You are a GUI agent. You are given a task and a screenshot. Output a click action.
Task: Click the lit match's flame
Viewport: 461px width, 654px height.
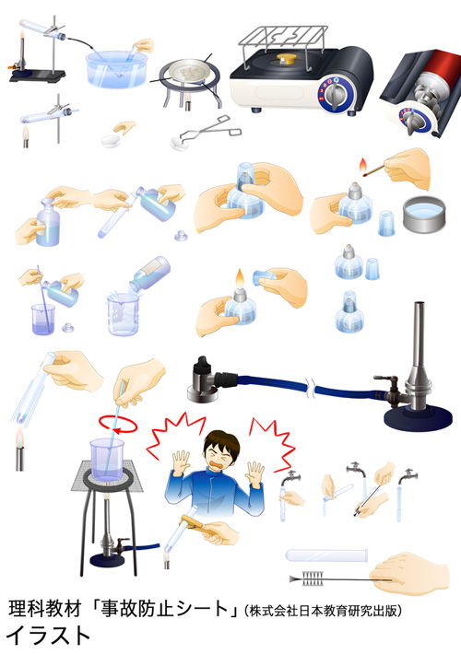click(363, 166)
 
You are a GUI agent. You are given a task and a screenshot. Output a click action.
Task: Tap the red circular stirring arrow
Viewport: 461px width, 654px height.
click(118, 425)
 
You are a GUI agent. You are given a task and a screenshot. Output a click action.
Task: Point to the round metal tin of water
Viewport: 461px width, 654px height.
click(425, 215)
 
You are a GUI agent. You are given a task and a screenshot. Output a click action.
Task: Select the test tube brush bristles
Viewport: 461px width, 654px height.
click(313, 578)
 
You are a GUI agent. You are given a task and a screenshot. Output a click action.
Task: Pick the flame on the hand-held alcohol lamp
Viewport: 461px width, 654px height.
click(240, 279)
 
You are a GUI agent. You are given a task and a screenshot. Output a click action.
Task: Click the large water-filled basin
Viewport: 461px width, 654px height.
click(117, 69)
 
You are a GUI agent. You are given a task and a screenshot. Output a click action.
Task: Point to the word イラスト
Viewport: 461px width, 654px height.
click(48, 636)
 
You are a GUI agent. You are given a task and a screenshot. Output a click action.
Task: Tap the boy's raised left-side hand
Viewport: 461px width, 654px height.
click(182, 462)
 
